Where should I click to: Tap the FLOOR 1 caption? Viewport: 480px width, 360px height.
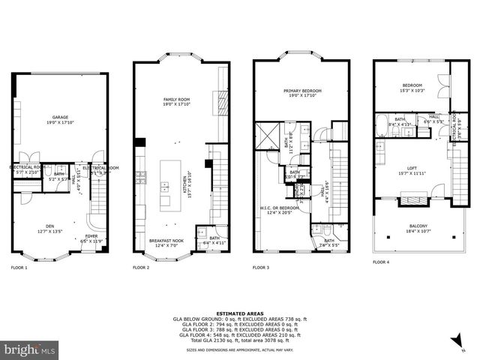(x=19, y=267)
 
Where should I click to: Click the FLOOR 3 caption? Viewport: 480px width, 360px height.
(x=261, y=267)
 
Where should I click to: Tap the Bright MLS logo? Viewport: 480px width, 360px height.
(x=30, y=349)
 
